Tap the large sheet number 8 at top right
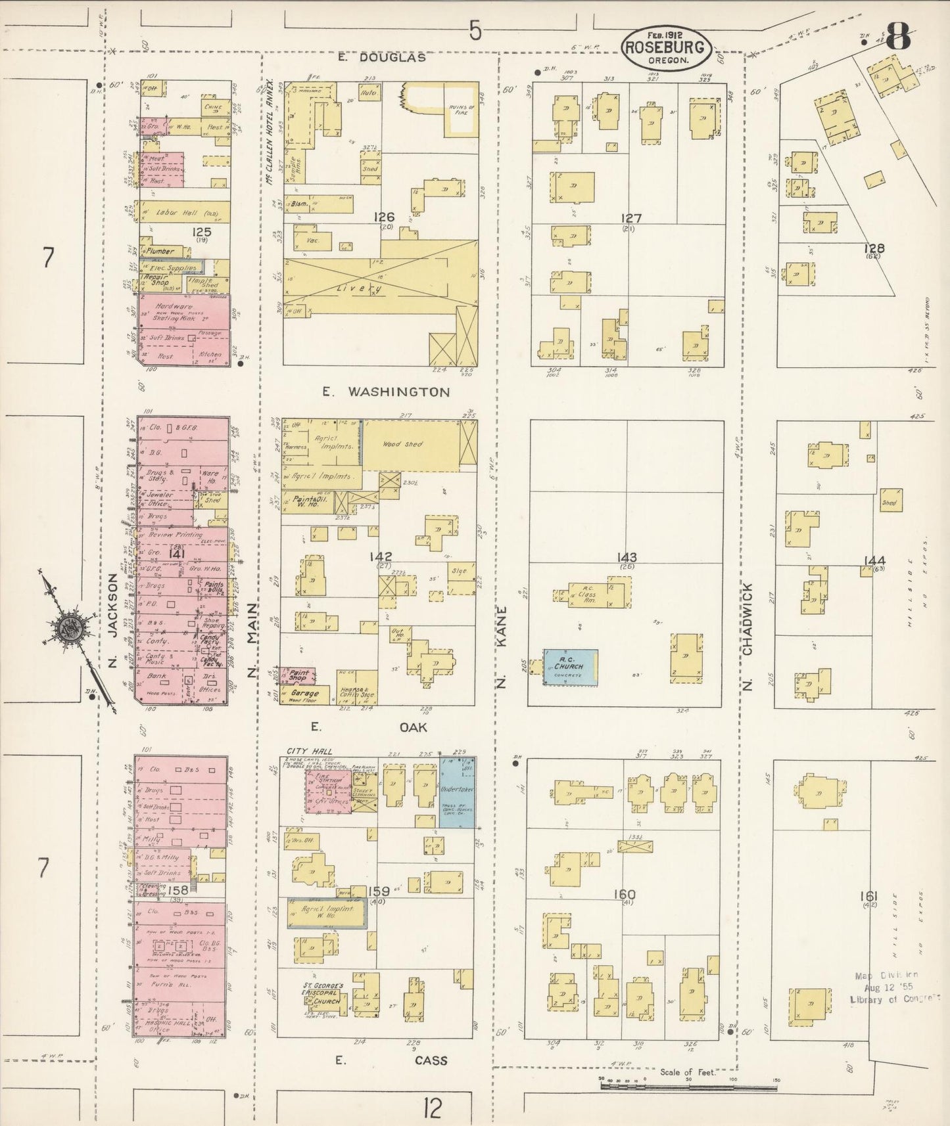click(897, 36)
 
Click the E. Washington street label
click(387, 392)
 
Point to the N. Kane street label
click(503, 646)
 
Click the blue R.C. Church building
click(570, 667)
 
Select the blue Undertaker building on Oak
click(457, 792)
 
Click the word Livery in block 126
click(369, 288)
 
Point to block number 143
click(627, 557)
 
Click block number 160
click(623, 894)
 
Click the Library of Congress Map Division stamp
click(894, 987)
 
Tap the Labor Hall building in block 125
click(183, 212)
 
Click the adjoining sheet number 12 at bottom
click(432, 1108)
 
